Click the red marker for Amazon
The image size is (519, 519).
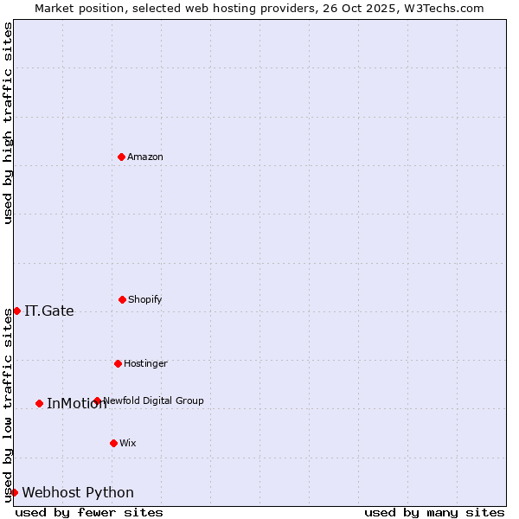[x=121, y=157]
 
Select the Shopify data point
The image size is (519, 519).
[x=122, y=299]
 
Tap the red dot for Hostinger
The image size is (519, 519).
[x=118, y=363]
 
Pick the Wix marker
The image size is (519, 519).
[x=113, y=443]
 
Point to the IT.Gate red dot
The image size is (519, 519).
[x=16, y=311]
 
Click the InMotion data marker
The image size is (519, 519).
[x=39, y=403]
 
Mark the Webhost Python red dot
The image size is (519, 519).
[x=14, y=492]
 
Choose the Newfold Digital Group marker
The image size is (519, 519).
[x=97, y=400]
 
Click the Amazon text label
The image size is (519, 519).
[x=145, y=157]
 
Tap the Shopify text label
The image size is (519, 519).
[x=145, y=299]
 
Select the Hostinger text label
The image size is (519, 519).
[x=145, y=363]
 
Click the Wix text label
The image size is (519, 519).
[x=128, y=443]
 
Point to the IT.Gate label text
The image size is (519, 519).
[x=49, y=311]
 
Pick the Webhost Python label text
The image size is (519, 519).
[x=78, y=493]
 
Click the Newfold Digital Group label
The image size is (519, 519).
[x=154, y=400]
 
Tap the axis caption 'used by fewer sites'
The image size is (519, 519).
[x=89, y=512]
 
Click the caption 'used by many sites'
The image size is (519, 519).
[x=434, y=512]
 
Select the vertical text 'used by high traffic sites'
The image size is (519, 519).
[x=8, y=123]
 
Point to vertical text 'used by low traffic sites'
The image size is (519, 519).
[x=8, y=405]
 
